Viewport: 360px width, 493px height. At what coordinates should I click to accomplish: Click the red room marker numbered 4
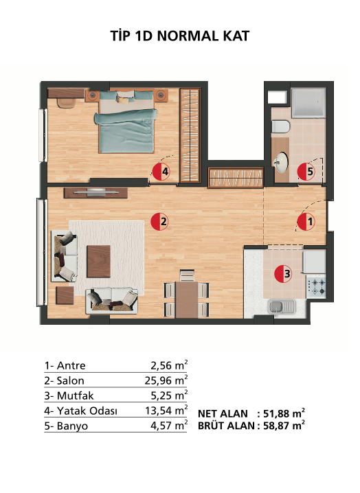[x=161, y=172]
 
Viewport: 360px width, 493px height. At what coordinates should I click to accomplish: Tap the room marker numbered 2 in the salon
[x=159, y=222]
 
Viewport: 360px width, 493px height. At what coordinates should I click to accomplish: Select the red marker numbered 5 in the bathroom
[x=306, y=172]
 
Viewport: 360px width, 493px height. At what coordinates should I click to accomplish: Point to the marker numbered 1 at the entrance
[x=306, y=222]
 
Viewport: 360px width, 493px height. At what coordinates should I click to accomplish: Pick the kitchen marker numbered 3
[x=283, y=274]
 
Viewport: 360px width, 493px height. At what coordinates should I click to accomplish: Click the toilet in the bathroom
[x=280, y=127]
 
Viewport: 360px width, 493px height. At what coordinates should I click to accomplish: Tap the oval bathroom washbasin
[x=280, y=163]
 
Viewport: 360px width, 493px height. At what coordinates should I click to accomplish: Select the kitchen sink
[x=282, y=307]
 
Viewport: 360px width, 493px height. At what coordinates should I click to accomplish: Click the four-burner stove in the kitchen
[x=316, y=287]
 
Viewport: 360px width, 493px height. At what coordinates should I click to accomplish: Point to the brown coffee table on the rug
[x=98, y=262]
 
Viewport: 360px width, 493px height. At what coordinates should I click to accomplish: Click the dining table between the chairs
[x=187, y=299]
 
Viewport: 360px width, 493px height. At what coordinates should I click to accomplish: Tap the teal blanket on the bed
[x=126, y=130]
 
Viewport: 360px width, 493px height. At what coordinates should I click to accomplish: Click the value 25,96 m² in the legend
[x=166, y=380]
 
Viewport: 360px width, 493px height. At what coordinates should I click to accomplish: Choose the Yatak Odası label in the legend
[x=87, y=411]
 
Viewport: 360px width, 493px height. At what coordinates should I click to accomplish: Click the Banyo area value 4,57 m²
[x=169, y=426]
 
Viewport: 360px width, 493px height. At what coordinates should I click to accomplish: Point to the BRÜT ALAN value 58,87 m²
[x=284, y=426]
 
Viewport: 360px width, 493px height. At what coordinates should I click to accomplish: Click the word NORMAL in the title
[x=188, y=36]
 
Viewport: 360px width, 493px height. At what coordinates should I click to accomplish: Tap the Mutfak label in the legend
[x=75, y=395]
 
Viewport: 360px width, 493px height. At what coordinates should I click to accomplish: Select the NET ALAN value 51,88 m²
[x=284, y=413]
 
